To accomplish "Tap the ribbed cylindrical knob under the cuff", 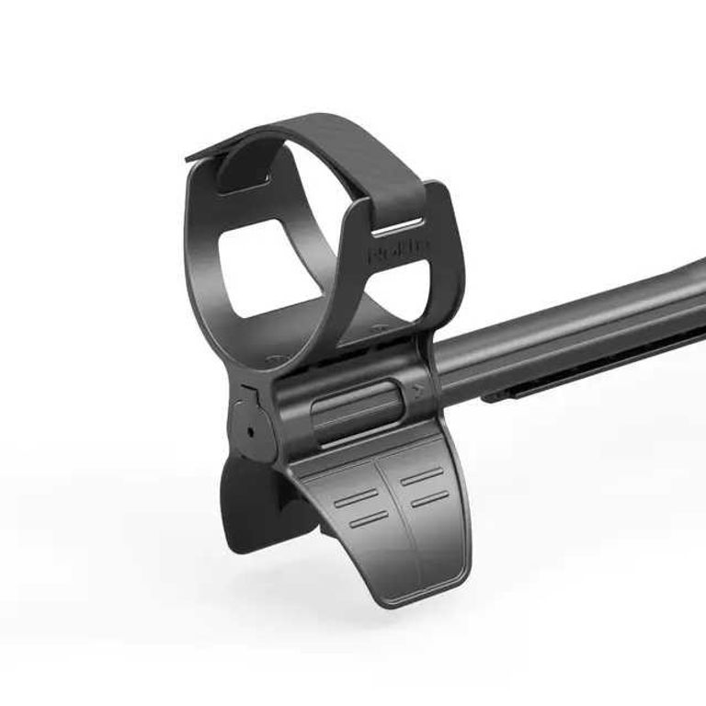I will pos(355,409).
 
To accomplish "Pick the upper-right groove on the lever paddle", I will pos(421,477).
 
